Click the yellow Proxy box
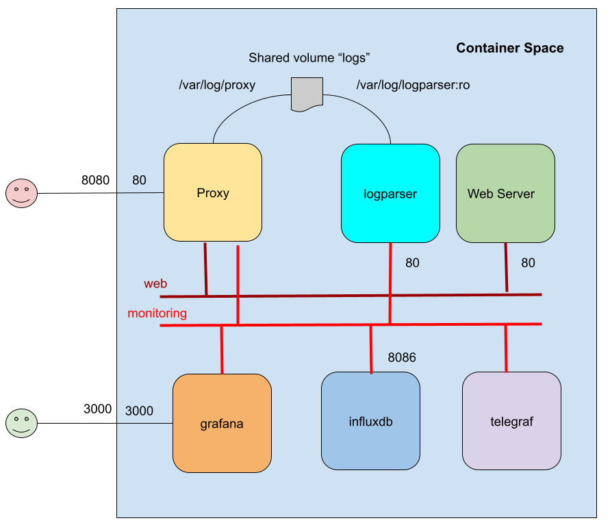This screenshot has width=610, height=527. (x=213, y=192)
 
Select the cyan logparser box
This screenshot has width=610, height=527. (x=390, y=193)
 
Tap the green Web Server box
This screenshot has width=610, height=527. (x=505, y=193)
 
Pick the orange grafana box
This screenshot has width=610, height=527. (x=222, y=423)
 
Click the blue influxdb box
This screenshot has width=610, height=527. (x=370, y=421)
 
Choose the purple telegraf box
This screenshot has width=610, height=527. (x=511, y=421)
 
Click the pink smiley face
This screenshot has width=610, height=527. (x=21, y=193)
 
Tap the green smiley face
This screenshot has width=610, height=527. (x=21, y=423)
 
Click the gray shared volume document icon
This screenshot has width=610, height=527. (x=307, y=94)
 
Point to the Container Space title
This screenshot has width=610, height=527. (x=509, y=48)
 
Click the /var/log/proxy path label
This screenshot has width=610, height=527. (x=217, y=86)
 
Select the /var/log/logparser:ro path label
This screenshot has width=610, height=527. (x=413, y=86)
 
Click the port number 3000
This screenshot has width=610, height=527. (x=139, y=411)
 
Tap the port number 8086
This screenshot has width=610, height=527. (x=402, y=357)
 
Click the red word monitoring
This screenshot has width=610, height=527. (x=157, y=313)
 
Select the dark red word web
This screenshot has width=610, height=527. (x=155, y=283)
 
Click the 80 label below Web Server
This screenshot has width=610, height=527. (x=528, y=263)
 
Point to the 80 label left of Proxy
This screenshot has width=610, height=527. (x=139, y=181)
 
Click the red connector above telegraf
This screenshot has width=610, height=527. (x=506, y=348)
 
